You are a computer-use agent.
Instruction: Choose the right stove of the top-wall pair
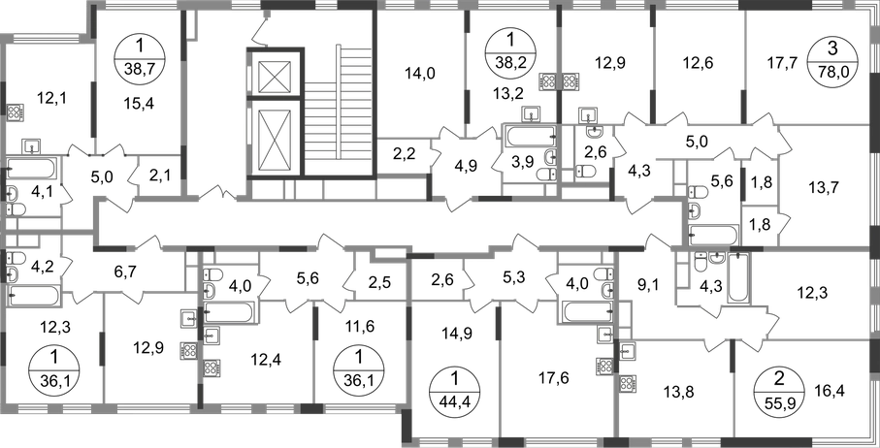[570, 80]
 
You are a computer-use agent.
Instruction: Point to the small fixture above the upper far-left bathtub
[32, 145]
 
